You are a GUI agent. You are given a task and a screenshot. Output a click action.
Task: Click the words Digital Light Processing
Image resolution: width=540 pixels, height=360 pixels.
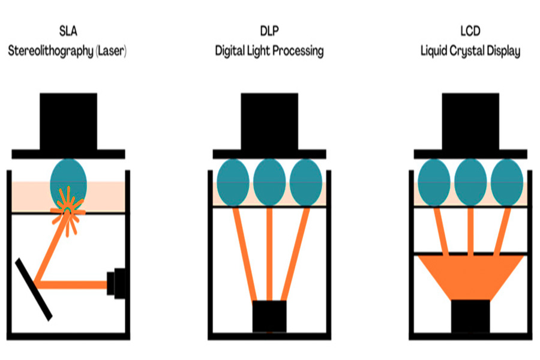click(269, 51)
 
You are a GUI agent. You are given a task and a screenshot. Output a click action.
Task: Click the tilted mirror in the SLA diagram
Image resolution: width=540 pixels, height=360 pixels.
click(34, 289)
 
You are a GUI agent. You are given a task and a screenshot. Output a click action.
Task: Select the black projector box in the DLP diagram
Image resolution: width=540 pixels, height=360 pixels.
click(269, 316)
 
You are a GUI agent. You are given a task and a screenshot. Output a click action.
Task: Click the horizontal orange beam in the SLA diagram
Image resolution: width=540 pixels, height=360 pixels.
click(72, 283)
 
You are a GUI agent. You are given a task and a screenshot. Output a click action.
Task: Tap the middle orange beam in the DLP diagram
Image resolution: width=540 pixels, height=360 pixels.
click(269, 252)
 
